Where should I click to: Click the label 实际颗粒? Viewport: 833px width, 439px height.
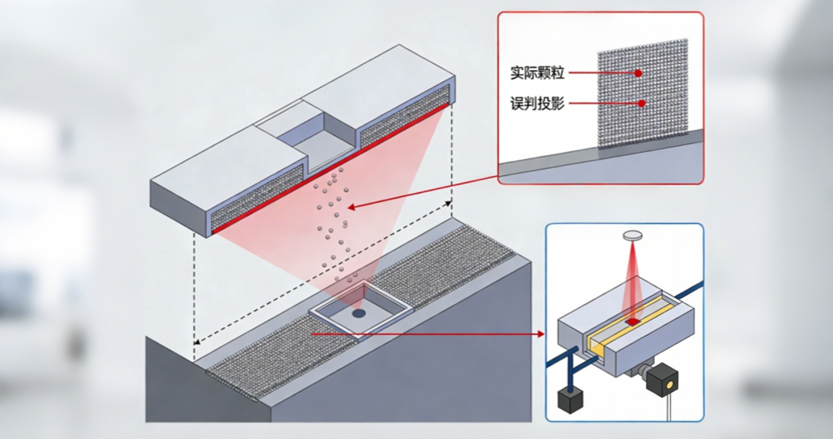[538, 73]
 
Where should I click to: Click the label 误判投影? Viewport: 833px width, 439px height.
[538, 103]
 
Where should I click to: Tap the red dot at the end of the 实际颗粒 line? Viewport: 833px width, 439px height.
[639, 73]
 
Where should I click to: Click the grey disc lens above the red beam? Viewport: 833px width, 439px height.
[632, 233]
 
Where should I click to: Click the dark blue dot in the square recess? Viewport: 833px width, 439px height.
[359, 314]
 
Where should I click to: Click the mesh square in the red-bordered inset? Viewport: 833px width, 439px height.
[642, 93]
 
